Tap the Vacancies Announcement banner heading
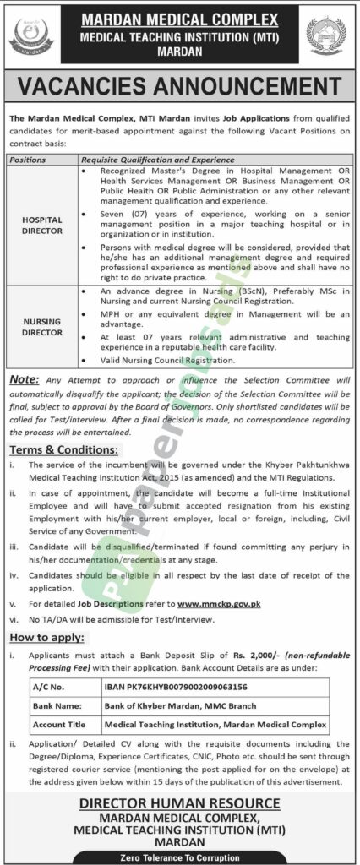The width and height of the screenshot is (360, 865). click(x=179, y=88)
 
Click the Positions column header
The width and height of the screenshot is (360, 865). click(x=30, y=159)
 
